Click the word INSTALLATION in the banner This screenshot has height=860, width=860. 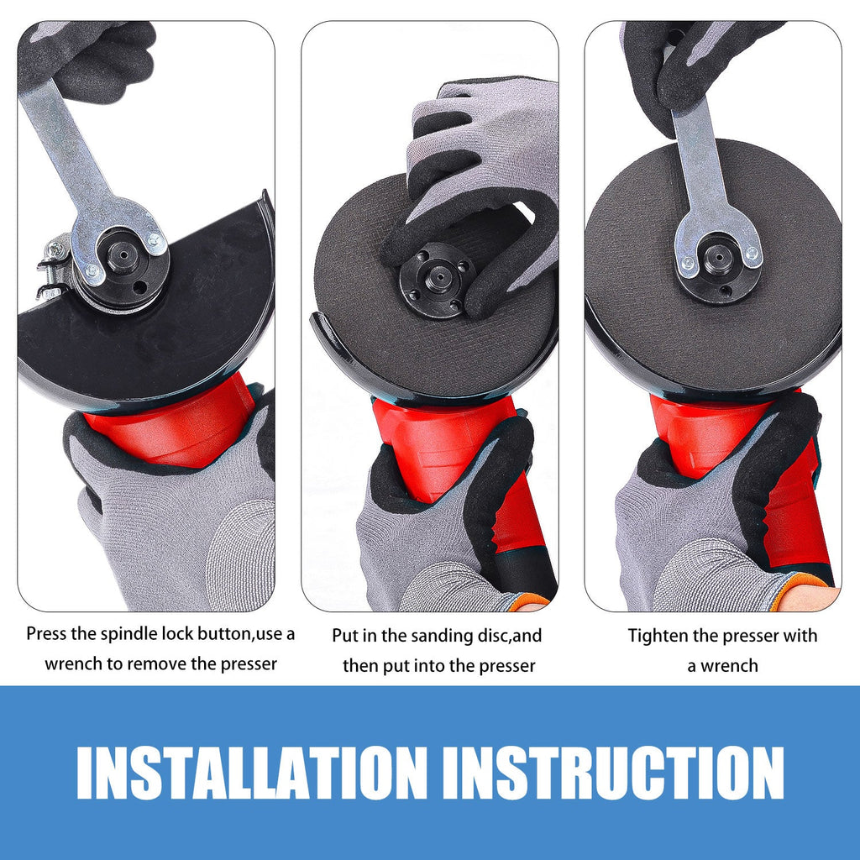tap(252, 773)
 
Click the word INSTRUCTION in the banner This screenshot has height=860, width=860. tap(613, 773)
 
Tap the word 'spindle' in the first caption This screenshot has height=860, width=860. tap(128, 634)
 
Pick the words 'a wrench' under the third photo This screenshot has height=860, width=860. tap(722, 666)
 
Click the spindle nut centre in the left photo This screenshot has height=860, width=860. tap(123, 254)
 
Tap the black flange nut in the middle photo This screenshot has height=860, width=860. tap(433, 281)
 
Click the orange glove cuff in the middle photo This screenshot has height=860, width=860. tap(528, 601)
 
